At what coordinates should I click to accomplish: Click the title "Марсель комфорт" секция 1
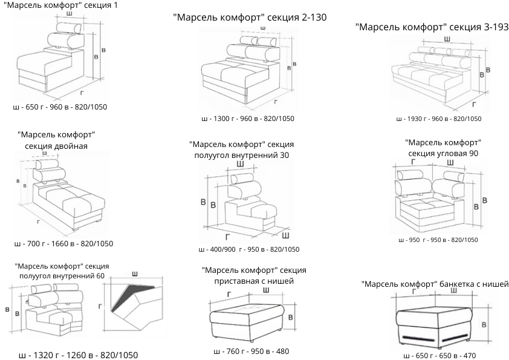60,5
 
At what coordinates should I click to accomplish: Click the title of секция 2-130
250,18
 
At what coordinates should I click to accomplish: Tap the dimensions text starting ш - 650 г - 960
60,107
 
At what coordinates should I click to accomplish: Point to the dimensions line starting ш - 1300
248,119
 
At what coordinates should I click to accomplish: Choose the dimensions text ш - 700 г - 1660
63,244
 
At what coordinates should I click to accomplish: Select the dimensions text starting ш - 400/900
248,249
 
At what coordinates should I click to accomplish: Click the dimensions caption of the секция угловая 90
438,240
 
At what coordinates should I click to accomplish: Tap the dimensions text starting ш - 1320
79,355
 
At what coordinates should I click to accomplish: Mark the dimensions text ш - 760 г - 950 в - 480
251,351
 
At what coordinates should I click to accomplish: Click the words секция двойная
56,146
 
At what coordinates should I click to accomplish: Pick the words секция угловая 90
443,154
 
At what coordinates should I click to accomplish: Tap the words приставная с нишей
254,281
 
